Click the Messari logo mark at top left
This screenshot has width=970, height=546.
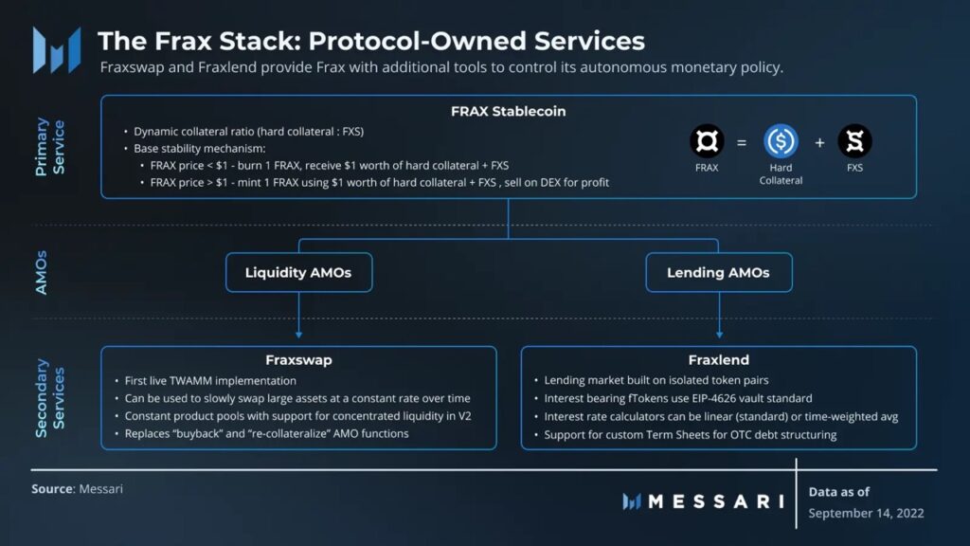pos(56,50)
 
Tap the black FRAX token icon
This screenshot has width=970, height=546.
pos(707,143)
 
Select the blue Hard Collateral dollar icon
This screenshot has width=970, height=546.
pos(781,142)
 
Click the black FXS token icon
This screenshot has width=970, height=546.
pos(854,142)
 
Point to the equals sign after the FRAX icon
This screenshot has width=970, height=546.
pos(742,143)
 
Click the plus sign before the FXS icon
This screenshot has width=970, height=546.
pos(819,143)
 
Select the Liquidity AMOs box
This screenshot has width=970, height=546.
pos(298,273)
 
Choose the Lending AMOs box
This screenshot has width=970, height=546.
pos(718,273)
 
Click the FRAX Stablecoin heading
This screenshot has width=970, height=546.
pos(508,111)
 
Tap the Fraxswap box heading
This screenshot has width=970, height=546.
pos(298,360)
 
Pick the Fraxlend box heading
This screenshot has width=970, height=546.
pos(718,360)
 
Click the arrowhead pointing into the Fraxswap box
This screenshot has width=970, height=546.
pos(298,335)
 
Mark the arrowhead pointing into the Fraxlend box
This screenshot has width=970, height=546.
pos(719,335)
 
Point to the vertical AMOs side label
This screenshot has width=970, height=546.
pos(42,273)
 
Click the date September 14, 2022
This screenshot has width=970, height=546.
pos(866,513)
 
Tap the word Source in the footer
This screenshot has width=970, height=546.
pos(51,489)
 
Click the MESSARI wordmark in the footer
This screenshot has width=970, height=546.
pos(715,501)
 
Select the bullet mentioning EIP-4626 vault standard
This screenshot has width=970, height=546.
pos(678,398)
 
